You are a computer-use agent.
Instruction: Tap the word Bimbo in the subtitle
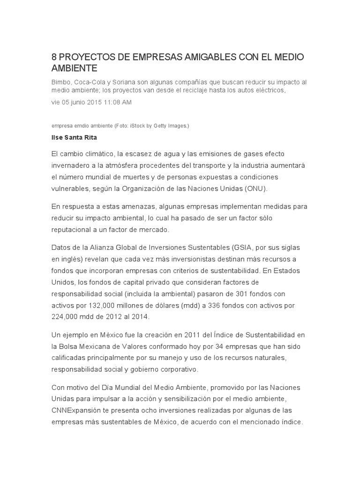pos(61,82)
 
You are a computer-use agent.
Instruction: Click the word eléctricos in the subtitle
pos(268,90)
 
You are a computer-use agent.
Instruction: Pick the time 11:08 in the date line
pos(115,102)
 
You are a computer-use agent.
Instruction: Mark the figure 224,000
pos(67,316)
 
